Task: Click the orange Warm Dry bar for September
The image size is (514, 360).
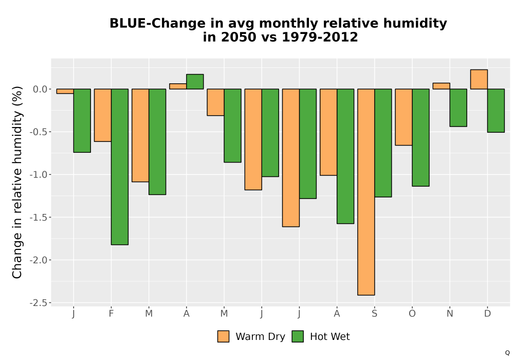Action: tap(366, 192)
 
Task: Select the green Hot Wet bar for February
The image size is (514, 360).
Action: tap(120, 167)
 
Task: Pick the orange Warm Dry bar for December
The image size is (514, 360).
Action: tap(479, 79)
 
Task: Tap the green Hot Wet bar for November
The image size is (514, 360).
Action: tap(458, 107)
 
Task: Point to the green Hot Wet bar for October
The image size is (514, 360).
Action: tap(420, 137)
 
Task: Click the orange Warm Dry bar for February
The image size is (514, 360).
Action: tap(103, 115)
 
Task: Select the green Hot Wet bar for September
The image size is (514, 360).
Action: tap(383, 143)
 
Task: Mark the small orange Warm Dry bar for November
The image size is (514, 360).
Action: tap(441, 86)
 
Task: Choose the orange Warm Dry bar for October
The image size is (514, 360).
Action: tap(403, 117)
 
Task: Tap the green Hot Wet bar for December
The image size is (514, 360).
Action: tap(496, 111)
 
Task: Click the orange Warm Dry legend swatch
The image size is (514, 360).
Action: tap(223, 336)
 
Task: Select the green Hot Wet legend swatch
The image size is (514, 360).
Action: tap(298, 336)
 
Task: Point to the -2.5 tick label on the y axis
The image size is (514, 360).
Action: tap(39, 303)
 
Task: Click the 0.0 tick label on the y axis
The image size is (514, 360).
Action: tap(40, 89)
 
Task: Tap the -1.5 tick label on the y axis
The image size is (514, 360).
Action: tap(39, 218)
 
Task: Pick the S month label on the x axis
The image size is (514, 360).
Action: tap(374, 314)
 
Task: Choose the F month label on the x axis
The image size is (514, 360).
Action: tap(111, 314)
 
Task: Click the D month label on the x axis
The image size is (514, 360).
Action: tap(487, 314)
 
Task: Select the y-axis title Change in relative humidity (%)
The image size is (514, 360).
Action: tap(17, 182)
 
